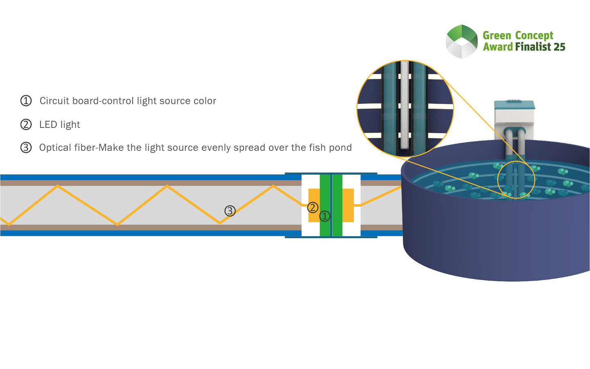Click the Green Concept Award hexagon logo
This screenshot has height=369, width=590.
[x=462, y=41]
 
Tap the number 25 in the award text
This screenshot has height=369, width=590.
[x=559, y=47]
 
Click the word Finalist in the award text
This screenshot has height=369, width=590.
[x=533, y=47]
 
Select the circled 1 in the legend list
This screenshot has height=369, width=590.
[x=26, y=101]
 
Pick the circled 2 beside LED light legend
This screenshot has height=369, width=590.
[x=26, y=125]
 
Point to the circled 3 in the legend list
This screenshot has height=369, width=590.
[x=26, y=148]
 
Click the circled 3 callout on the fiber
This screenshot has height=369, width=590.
[x=230, y=211]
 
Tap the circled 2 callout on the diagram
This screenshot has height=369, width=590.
[x=313, y=207]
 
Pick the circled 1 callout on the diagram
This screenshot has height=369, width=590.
[x=324, y=216]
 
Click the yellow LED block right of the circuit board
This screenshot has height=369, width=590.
[x=348, y=205]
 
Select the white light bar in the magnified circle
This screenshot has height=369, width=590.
[x=405, y=105]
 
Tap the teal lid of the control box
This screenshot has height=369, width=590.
[x=515, y=105]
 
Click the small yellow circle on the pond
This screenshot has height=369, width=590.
[x=516, y=180]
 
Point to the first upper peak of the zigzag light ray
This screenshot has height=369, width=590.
[x=58, y=186]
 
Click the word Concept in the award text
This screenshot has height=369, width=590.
[x=534, y=36]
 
